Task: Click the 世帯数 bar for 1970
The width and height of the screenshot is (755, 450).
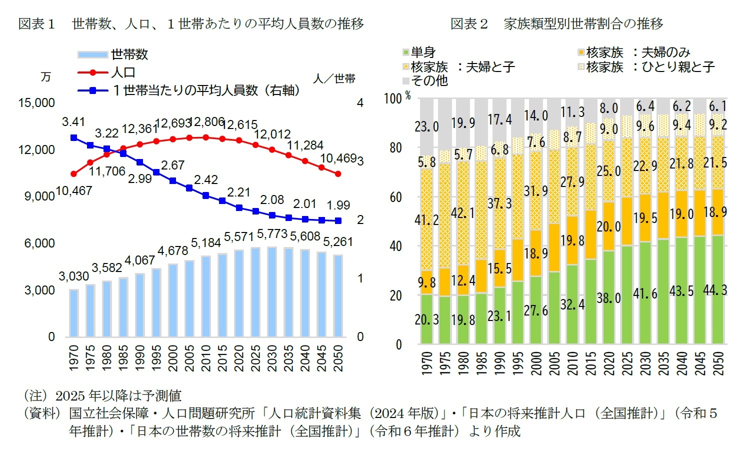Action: click(74, 313)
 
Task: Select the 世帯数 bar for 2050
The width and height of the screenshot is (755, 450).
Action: click(338, 296)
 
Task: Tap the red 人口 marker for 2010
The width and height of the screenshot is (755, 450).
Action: click(206, 137)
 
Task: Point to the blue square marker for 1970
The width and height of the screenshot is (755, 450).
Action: click(74, 137)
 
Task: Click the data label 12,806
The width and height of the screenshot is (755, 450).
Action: click(206, 122)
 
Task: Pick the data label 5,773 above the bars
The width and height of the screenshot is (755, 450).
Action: click(272, 234)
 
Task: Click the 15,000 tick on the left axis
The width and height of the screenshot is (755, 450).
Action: click(36, 103)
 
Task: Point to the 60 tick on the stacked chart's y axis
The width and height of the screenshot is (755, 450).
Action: click(395, 197)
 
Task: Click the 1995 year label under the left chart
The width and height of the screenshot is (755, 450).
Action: click(156, 357)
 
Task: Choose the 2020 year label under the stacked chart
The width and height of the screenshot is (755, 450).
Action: click(608, 363)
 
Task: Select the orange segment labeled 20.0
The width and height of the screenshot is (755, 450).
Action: click(608, 226)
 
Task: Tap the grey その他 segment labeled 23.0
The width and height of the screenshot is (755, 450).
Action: click(426, 126)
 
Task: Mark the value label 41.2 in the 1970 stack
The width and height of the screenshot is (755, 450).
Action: click(426, 219)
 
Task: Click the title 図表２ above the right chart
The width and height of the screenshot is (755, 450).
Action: click(468, 23)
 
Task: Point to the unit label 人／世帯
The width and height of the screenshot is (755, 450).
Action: click(334, 78)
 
